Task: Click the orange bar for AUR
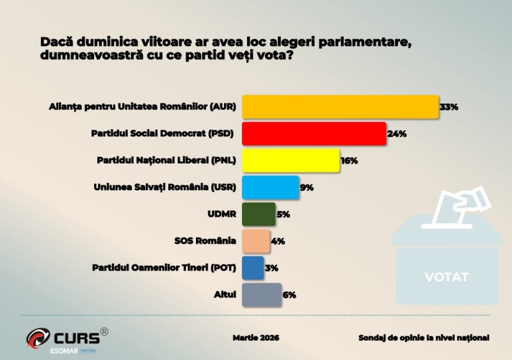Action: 339,107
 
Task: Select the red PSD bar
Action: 314,134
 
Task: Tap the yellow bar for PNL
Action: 290,160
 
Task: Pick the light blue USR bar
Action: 270,187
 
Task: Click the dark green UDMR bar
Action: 259,214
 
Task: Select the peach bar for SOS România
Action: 255,241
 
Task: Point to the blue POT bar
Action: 253,268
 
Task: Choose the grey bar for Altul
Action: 261,295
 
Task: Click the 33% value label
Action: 449,107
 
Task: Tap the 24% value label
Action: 397,134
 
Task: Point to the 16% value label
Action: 349,161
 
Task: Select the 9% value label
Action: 307,188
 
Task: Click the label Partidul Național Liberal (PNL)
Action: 166,160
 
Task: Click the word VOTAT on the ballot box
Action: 447,277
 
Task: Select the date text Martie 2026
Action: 256,337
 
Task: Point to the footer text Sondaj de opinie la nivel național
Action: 424,337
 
